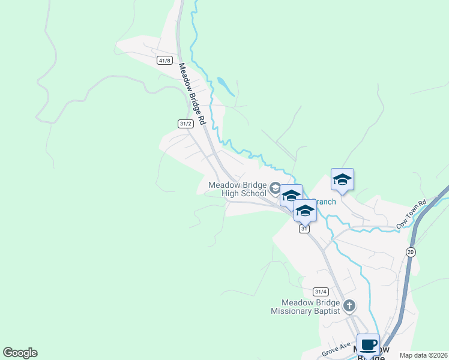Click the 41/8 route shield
click(x=165, y=61)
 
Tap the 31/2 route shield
click(x=185, y=124)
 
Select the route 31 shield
click(x=305, y=229)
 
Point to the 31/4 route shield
click(x=321, y=292)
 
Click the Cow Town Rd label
click(x=411, y=214)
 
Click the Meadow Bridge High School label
click(x=237, y=189)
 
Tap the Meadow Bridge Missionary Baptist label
click(x=306, y=307)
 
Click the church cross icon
click(x=350, y=306)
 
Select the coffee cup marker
click(x=368, y=345)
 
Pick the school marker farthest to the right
click(x=342, y=179)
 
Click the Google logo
click(x=20, y=353)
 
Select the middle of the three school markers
click(x=291, y=196)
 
